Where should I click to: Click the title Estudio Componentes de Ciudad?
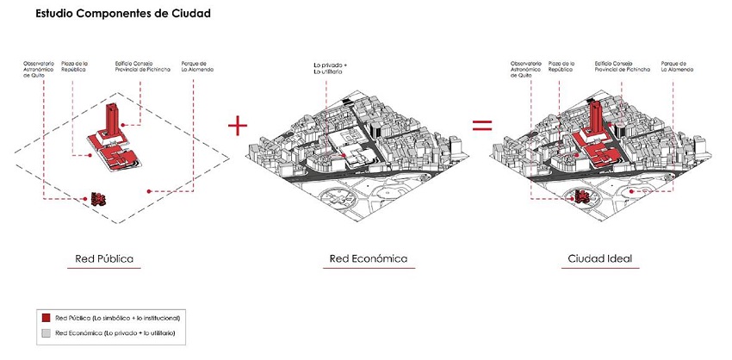click(x=122, y=15)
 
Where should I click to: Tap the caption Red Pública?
click(x=103, y=258)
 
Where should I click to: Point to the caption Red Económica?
click(x=368, y=258)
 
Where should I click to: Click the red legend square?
click(x=46, y=318)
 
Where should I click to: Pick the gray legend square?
click(x=46, y=332)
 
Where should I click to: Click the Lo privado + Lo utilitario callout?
click(x=332, y=69)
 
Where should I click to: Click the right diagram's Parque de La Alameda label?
click(x=676, y=68)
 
